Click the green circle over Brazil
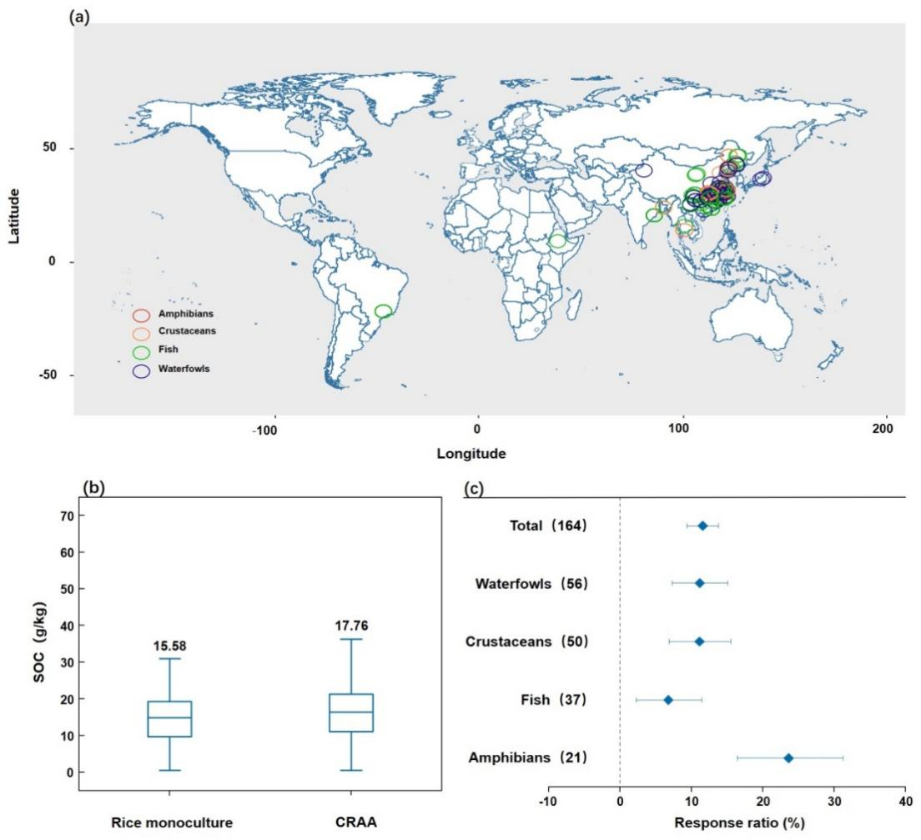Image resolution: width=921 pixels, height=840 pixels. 383,311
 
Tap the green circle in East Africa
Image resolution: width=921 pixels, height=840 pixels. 557,241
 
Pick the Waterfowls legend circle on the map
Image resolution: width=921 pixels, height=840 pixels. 141,371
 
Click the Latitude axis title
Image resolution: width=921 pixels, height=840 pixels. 14,215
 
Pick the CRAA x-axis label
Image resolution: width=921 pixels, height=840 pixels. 350,822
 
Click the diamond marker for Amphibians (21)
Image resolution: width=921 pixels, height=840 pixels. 788,758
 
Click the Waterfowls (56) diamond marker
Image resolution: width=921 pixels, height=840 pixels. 699,583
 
